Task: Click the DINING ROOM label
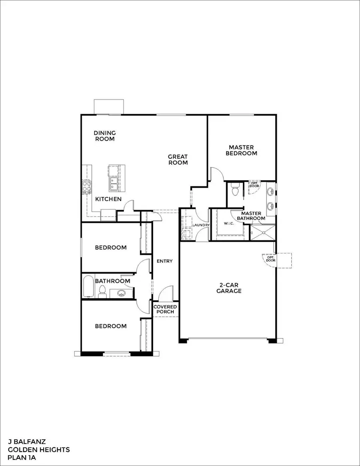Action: click(104, 136)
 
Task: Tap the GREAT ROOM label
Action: click(178, 160)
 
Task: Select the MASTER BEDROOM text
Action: click(241, 150)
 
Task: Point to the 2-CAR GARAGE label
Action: click(229, 288)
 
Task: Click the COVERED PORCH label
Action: click(165, 309)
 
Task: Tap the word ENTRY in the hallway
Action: click(164, 261)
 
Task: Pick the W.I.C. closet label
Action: click(229, 223)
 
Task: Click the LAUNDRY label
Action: click(201, 225)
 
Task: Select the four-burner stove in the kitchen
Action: click(87, 187)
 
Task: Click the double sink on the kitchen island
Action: click(113, 185)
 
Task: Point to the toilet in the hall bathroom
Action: click(102, 292)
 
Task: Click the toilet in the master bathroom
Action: click(235, 190)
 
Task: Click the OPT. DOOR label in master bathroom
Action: click(254, 185)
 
